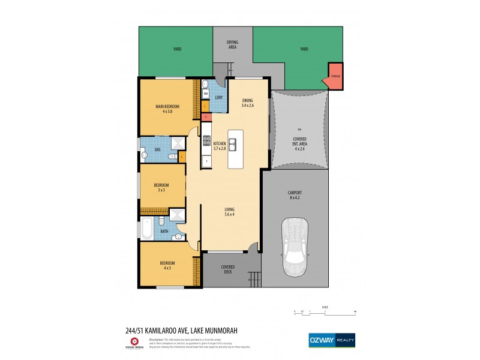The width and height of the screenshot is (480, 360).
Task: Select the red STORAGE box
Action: [x=335, y=76]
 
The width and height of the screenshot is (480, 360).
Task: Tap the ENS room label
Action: [x=157, y=149]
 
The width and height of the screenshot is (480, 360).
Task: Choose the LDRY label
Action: [x=219, y=97]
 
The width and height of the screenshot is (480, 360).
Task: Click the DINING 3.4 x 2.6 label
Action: [x=247, y=103]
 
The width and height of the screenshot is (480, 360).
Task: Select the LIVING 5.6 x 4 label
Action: [x=230, y=211]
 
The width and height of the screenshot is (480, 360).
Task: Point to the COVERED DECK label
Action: [x=228, y=269]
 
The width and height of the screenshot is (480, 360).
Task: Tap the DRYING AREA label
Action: [x=232, y=44]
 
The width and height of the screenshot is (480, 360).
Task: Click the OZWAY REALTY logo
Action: [x=332, y=340]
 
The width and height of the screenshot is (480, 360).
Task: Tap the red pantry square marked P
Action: [x=205, y=117]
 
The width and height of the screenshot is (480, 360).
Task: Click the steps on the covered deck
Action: [x=255, y=278]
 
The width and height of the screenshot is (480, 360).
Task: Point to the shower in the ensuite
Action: [x=178, y=144]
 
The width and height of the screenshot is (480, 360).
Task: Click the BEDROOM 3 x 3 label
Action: [x=161, y=187]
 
